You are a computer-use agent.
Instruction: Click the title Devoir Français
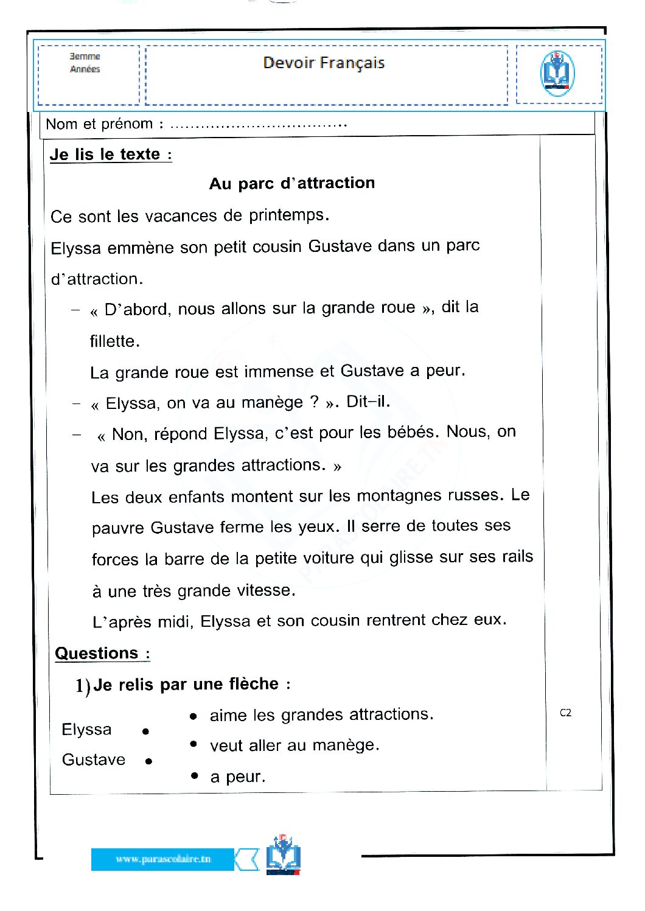(324, 63)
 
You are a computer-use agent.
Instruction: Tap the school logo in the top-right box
(557, 74)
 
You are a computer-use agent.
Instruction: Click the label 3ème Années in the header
(85, 63)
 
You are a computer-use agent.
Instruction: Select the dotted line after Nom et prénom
(259, 125)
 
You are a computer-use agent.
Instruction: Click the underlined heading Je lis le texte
(111, 155)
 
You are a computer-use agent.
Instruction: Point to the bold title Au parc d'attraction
(292, 183)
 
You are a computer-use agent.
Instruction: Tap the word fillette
(114, 341)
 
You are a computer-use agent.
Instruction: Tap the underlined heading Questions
(97, 653)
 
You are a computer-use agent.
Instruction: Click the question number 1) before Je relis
(83, 686)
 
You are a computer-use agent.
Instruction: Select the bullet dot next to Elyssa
(145, 731)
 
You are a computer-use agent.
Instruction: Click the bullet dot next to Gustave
(148, 761)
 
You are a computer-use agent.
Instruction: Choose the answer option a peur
(238, 777)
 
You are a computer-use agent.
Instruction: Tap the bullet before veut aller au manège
(193, 744)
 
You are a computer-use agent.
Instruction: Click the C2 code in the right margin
(565, 713)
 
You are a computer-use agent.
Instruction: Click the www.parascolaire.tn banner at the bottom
(162, 859)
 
